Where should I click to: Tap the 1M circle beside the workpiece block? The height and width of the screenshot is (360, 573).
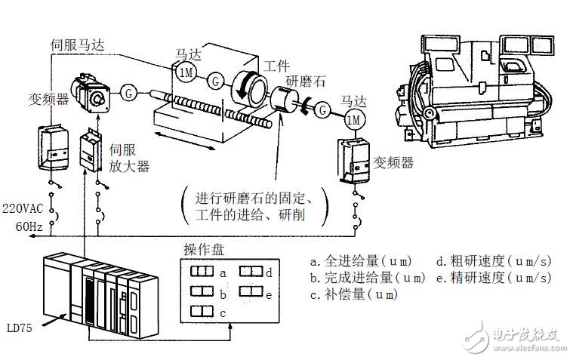[186, 72]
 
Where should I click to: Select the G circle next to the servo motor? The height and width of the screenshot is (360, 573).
[129, 93]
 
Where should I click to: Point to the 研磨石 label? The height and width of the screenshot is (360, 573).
[307, 82]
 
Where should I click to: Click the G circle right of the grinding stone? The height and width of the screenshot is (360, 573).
[322, 110]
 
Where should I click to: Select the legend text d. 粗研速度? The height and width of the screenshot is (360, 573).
[494, 261]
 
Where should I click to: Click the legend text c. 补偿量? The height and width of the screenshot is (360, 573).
[353, 294]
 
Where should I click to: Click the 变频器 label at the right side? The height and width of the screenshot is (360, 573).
[394, 162]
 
